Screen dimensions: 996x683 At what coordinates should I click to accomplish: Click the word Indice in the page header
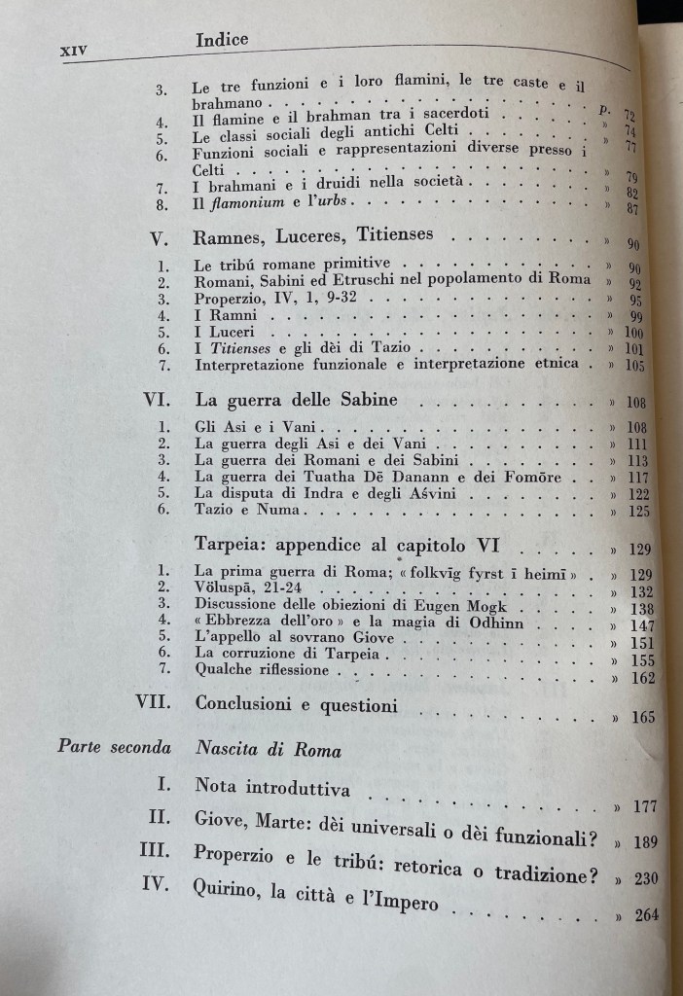coord(222,40)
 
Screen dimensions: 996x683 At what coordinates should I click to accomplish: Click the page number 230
coord(644,878)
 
